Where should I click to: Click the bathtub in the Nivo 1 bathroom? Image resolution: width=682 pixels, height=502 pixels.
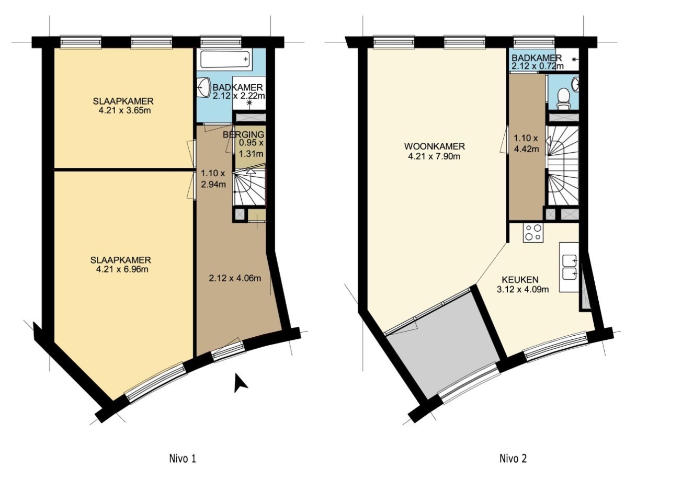[225, 60]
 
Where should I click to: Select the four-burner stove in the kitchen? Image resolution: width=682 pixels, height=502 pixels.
[533, 233]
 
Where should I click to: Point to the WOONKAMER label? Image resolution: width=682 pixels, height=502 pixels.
[435, 146]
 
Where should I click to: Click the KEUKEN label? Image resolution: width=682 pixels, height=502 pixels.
[520, 279]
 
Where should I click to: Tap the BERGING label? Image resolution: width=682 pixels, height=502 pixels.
[243, 134]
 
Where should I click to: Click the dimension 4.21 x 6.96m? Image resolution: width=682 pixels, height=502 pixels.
[122, 269]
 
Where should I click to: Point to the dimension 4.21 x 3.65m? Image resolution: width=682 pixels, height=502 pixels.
[124, 110]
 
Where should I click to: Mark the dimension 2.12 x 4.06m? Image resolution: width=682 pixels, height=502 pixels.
[235, 278]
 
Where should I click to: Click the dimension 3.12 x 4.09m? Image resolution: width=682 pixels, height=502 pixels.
[523, 289]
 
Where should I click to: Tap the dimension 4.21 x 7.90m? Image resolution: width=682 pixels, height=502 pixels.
[434, 157]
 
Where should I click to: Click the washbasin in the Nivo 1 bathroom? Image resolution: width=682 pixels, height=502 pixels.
[204, 86]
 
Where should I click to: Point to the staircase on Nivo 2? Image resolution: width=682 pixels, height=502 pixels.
[563, 166]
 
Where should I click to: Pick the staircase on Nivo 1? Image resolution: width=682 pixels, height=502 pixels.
[249, 188]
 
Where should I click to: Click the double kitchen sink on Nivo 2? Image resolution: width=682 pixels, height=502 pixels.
[570, 268]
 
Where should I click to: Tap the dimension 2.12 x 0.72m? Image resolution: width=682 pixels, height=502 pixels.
[538, 66]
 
